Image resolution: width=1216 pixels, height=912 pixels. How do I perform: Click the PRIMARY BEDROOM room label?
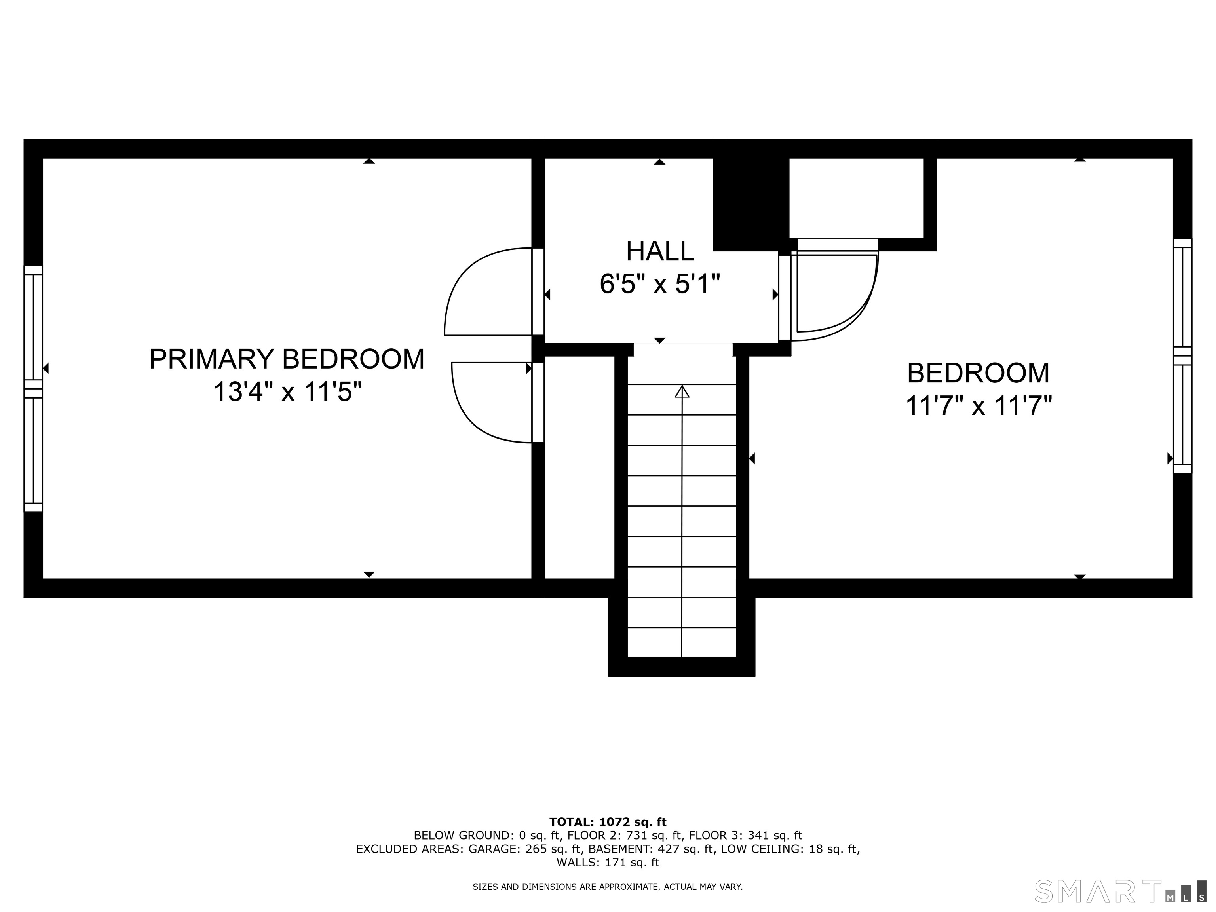tap(287, 359)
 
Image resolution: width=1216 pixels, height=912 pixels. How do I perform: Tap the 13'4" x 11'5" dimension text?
tap(287, 393)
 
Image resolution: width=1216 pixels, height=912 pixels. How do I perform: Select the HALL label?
tap(660, 251)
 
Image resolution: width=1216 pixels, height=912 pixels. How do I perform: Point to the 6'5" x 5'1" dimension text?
tap(660, 284)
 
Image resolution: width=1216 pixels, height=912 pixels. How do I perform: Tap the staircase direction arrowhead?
tap(682, 391)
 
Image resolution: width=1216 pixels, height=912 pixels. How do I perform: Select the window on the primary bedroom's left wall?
tap(33, 389)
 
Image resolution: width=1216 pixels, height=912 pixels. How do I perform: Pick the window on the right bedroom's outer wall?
tap(1182, 356)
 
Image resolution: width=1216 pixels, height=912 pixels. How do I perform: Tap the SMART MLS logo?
tap(1120, 891)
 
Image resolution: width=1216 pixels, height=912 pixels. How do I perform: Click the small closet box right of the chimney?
tap(857, 198)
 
